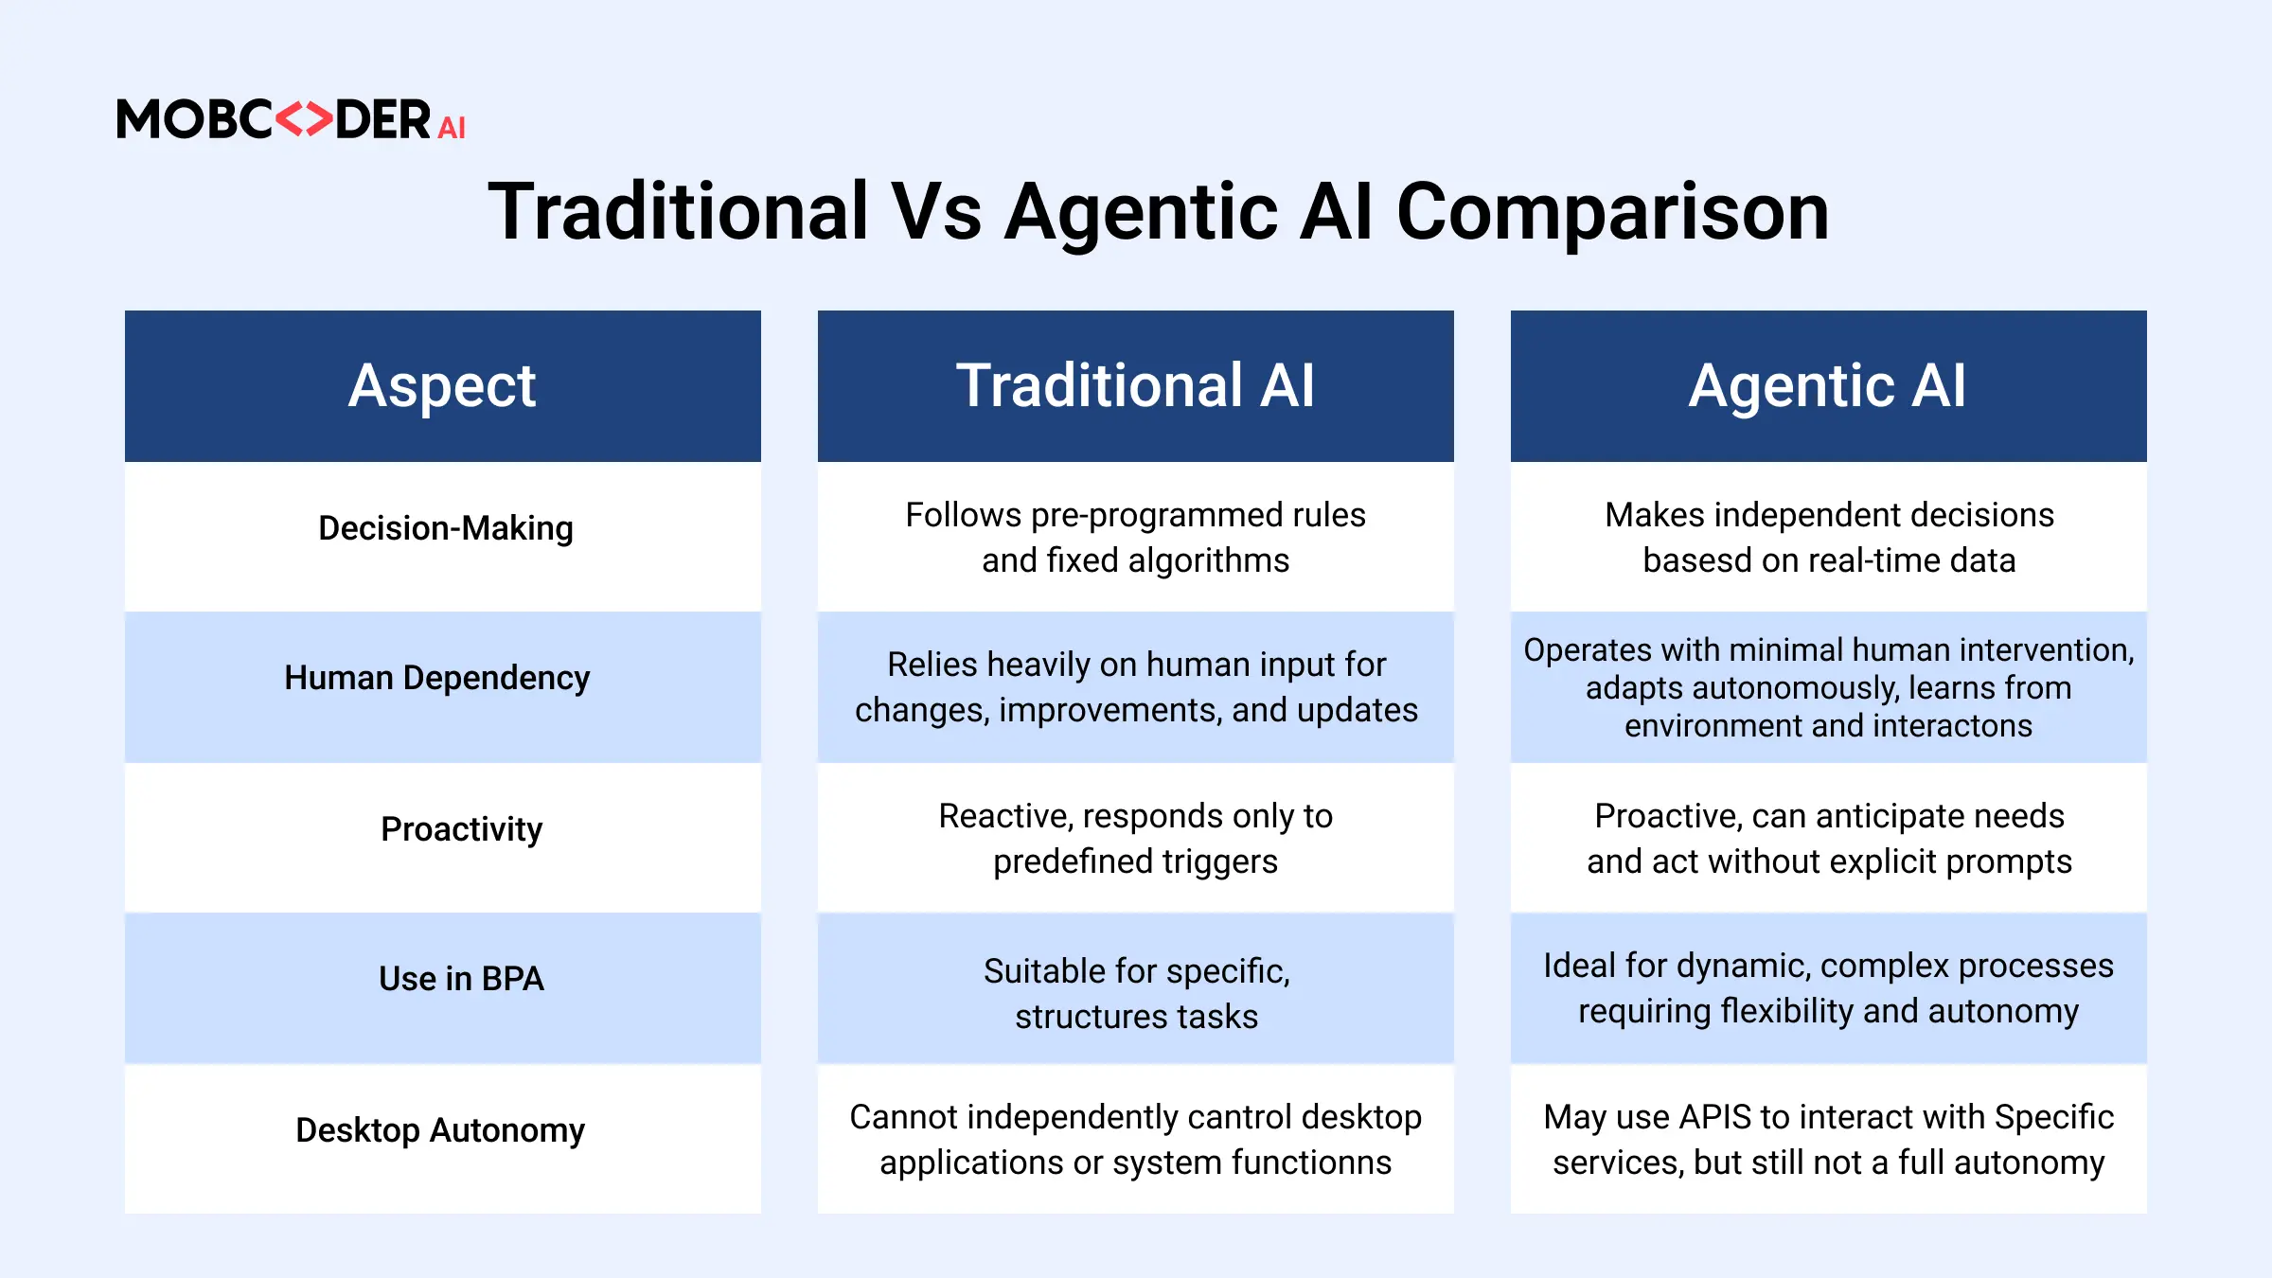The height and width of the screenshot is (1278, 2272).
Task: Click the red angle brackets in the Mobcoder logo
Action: tap(304, 119)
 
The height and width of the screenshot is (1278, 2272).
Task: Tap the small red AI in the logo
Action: tap(452, 128)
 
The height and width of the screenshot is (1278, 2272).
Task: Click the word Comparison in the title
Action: tap(1612, 212)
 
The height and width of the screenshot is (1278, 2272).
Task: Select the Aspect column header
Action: tap(443, 386)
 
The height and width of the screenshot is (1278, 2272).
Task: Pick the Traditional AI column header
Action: tap(1136, 386)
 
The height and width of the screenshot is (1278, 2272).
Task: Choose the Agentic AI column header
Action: tap(1829, 386)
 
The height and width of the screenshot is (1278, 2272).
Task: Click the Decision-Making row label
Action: tap(446, 528)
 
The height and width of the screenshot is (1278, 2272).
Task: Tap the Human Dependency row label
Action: tap(437, 679)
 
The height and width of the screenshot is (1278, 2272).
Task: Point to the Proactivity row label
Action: tap(462, 829)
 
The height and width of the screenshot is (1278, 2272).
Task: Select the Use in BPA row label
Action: tap(462, 979)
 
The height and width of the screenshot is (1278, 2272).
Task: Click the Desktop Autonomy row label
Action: tap(440, 1130)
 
